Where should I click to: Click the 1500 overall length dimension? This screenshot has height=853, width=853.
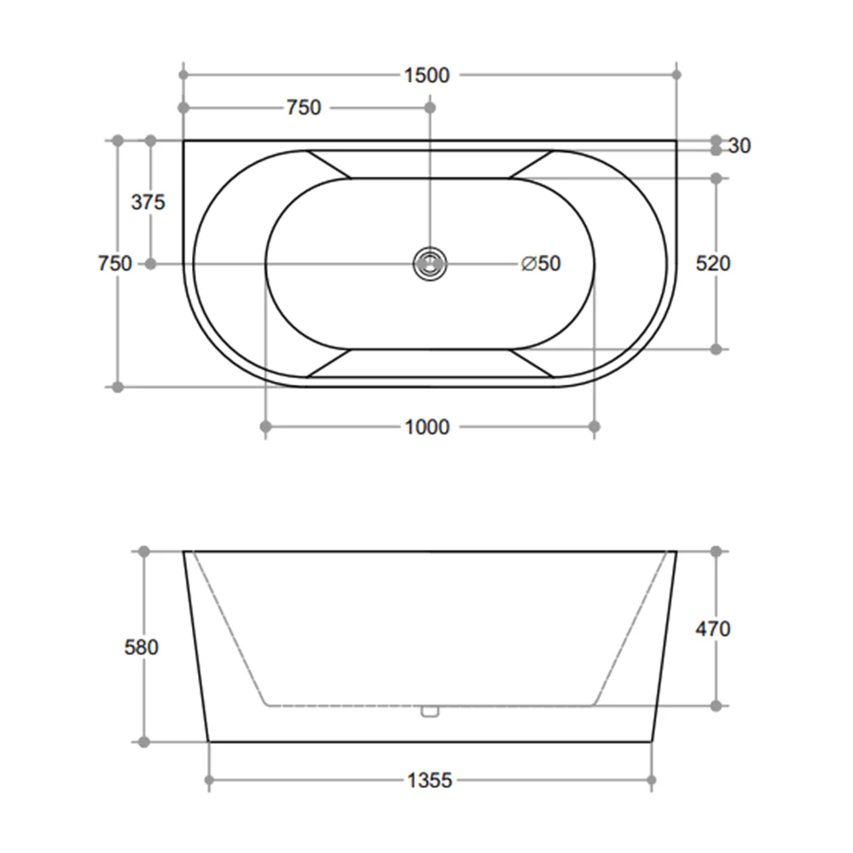pos(426,75)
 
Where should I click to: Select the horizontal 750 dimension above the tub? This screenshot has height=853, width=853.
pos(304,107)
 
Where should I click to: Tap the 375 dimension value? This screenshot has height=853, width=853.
pos(148,202)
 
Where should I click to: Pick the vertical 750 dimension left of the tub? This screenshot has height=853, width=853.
pos(115,264)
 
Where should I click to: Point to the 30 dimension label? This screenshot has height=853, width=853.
pos(740,146)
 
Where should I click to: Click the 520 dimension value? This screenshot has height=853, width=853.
pos(713,264)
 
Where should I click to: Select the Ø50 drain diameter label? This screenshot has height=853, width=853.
pos(541,264)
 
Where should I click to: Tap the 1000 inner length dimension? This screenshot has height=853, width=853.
pos(426,426)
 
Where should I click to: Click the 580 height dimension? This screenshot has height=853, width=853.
pos(141,647)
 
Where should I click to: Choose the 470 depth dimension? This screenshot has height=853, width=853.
pos(713,630)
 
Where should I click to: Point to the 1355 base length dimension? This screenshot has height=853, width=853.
pos(429,780)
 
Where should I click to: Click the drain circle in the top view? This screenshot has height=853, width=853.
pos(429,264)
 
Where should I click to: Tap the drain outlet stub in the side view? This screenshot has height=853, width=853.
pos(429,711)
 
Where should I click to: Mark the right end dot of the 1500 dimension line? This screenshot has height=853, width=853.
pos(676,75)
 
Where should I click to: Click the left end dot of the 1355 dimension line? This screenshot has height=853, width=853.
pos(209,779)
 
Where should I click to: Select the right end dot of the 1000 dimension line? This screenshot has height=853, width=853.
pos(595,426)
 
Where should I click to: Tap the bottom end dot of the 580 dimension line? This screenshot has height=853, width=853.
pos(143,742)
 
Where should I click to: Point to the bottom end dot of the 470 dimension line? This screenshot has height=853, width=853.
pos(716,705)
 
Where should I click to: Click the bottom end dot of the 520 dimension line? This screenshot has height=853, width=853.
pos(716,349)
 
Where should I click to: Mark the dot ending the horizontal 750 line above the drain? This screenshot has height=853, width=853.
pos(429,107)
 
